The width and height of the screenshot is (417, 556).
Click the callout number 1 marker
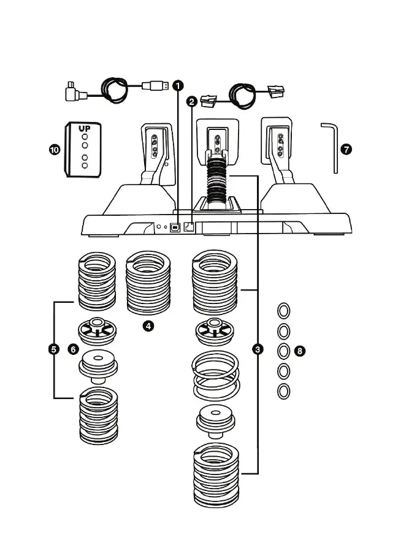177,86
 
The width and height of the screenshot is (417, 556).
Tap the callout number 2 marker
193,101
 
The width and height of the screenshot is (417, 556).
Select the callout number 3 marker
258,349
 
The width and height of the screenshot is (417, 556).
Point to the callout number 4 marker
148,326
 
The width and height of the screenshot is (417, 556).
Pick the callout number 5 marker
53,349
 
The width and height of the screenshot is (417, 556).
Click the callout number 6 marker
73,349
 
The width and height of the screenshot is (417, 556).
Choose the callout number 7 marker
347,149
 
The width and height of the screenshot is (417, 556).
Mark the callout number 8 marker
299,351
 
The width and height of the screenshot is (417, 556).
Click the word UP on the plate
84,129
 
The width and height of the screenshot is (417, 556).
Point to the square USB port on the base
175,226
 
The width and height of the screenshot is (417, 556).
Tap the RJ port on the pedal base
189,226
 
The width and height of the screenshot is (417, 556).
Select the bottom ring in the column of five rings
284,391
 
